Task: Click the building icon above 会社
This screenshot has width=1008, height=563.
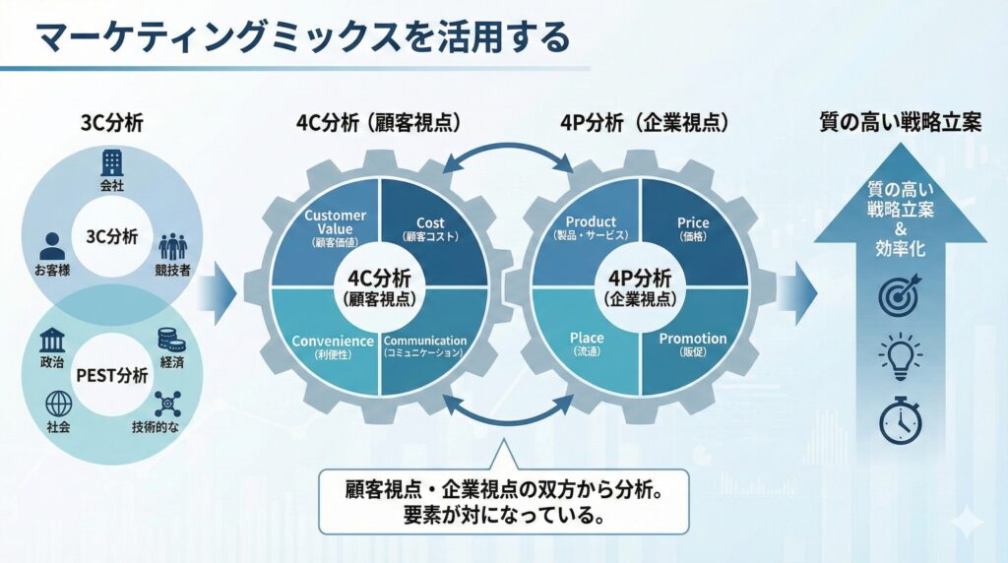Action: point(110,162)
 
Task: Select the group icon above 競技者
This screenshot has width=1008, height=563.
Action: point(172,244)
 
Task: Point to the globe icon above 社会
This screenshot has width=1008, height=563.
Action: point(56,404)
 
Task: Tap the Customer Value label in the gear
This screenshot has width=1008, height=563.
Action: point(336,222)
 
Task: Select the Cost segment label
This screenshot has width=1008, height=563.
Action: point(430,223)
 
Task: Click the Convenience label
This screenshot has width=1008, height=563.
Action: point(333,341)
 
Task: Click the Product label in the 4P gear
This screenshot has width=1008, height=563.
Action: point(591,222)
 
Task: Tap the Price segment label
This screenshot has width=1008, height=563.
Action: point(693,223)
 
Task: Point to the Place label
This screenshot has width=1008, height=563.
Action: point(588,339)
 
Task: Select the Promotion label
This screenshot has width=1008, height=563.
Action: point(693,339)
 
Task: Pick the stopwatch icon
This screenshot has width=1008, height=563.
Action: point(900,419)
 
